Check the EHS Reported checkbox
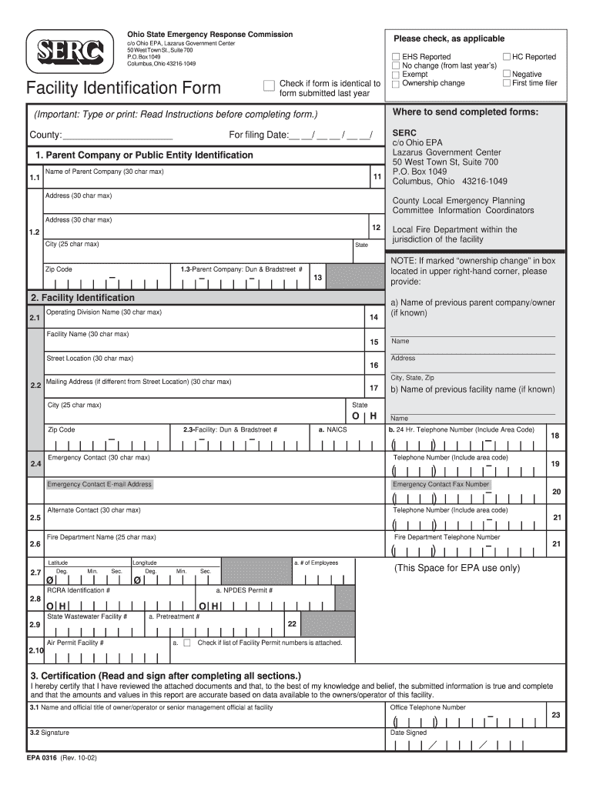396,57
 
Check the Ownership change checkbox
396,83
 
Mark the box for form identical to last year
268,85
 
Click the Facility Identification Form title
123,88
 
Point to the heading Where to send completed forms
464,112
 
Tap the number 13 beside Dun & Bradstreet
317,277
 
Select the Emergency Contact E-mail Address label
99,484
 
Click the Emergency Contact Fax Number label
441,484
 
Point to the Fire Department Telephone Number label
447,537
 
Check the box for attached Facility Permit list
186,643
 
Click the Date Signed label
408,733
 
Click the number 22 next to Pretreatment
292,624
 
